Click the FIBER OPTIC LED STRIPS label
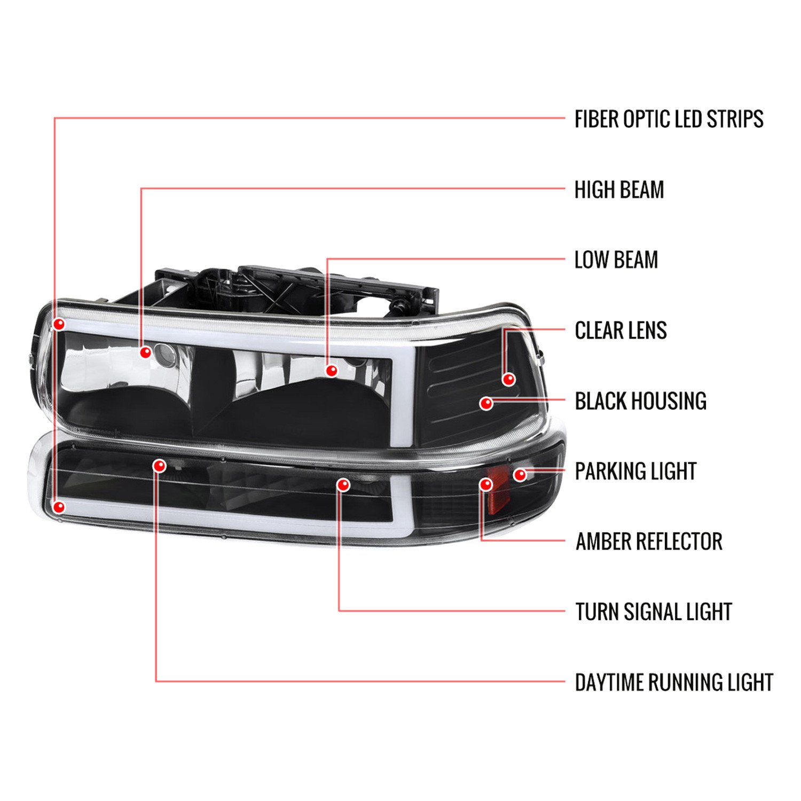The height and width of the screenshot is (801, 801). (x=669, y=119)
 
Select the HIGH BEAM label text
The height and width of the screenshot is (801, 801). (x=619, y=190)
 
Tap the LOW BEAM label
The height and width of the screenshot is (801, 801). (x=616, y=260)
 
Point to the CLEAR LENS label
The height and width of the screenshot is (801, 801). (x=621, y=331)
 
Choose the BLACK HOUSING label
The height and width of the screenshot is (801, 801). (x=640, y=401)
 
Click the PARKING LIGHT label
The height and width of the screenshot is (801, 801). (x=635, y=472)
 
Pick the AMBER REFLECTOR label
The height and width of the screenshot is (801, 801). (x=649, y=542)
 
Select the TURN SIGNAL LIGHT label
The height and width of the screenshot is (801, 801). (x=653, y=612)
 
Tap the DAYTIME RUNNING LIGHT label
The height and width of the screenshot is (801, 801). (x=674, y=683)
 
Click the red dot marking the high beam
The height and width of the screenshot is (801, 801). (x=145, y=352)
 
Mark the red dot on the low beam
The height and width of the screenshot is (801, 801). (x=332, y=370)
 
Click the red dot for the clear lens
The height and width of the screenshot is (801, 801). (x=509, y=379)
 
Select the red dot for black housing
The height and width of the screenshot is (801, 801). (x=486, y=404)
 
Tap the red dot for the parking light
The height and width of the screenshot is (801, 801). (x=520, y=474)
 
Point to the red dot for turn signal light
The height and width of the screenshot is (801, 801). (x=343, y=485)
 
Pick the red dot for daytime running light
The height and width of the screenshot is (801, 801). (x=159, y=466)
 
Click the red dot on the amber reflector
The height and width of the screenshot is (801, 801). (x=486, y=484)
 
